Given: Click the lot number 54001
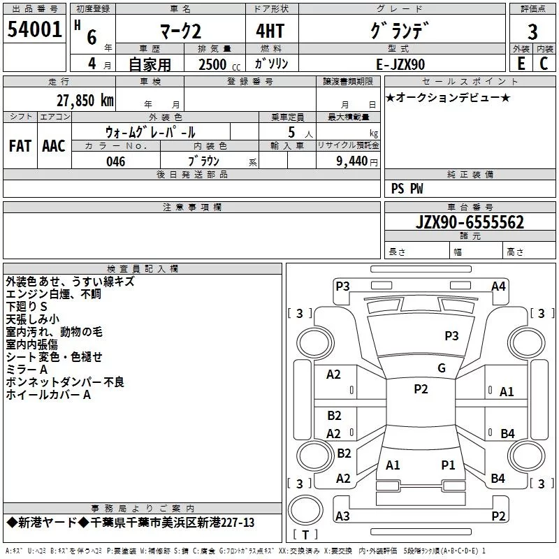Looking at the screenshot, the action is click(35, 29).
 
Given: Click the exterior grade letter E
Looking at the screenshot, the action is click(521, 64).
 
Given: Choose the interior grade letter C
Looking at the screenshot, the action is click(544, 64).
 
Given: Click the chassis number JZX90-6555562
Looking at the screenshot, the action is click(470, 223).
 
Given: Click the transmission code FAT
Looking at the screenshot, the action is click(20, 146).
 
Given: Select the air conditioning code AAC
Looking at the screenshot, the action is click(53, 146).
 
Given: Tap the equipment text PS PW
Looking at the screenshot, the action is click(407, 188).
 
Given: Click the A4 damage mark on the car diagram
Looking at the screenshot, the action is click(498, 286).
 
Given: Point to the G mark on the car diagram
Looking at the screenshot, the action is click(441, 368).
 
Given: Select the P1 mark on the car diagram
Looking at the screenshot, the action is click(448, 465).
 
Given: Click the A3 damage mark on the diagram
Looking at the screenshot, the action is click(342, 516).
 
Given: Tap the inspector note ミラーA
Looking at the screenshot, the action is click(27, 370).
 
